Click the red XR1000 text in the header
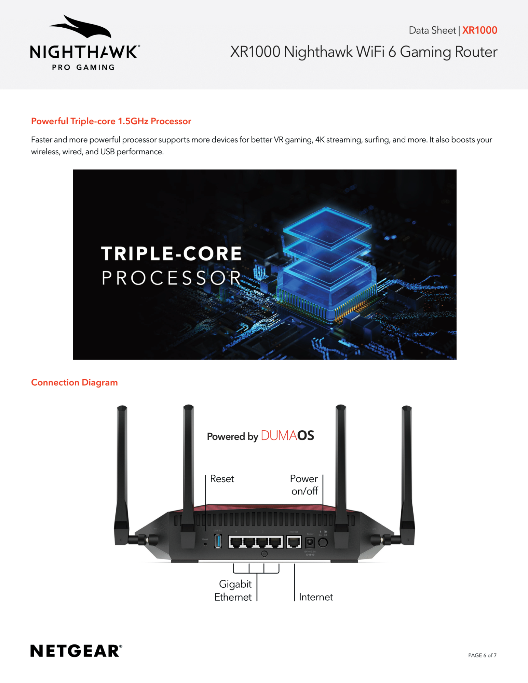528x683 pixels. [x=479, y=30]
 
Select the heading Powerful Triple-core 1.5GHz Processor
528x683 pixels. [x=111, y=121]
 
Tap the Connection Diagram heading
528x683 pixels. [x=75, y=382]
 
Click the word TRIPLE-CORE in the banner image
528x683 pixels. [x=172, y=254]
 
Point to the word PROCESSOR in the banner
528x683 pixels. [x=172, y=278]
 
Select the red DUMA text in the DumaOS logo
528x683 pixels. [x=279, y=436]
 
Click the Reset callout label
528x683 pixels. [x=222, y=479]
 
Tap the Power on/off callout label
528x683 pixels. [x=304, y=485]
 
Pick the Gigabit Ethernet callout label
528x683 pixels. [x=234, y=590]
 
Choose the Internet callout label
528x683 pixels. [x=316, y=597]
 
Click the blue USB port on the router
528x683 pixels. [x=218, y=541]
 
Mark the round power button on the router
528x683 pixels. [x=323, y=542]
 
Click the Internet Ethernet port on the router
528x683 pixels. [x=294, y=542]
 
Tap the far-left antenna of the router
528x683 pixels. [x=122, y=471]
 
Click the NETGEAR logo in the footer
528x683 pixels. [x=76, y=651]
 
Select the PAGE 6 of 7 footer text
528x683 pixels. [x=482, y=655]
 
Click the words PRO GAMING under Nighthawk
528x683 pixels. [x=83, y=68]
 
